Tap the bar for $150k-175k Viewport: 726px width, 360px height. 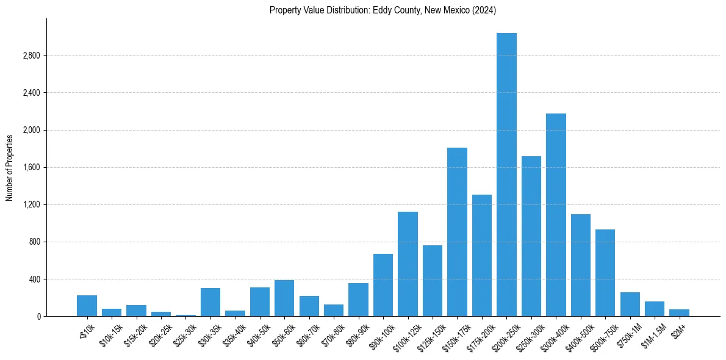pos(457,232)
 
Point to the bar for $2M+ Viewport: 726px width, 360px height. pos(679,312)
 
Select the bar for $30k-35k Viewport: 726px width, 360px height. pos(210,302)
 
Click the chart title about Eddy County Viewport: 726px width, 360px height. pos(383,10)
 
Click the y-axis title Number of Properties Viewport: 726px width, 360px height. pos(10,167)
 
